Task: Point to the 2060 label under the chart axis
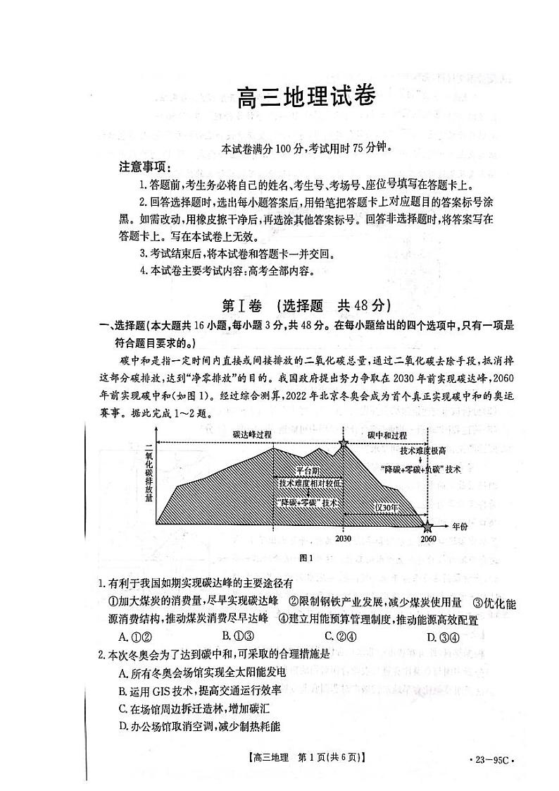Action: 428,539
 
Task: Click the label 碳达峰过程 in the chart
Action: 252,435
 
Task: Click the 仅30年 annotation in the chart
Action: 386,508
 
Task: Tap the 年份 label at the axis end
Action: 460,526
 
